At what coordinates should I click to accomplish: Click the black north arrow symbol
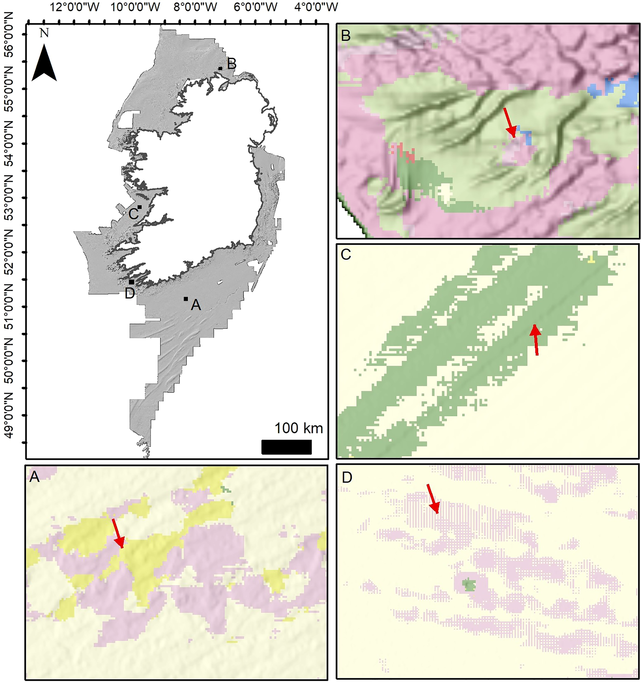(44, 64)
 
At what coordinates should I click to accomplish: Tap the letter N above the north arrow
(44, 33)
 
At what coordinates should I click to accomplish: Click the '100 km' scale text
(299, 428)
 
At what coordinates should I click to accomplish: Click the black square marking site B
(220, 68)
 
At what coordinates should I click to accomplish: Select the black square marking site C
(139, 207)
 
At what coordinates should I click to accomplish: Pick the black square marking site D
(131, 282)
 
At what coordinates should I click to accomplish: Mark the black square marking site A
(186, 299)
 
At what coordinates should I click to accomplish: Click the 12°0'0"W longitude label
(75, 7)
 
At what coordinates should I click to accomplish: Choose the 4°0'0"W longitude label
(316, 7)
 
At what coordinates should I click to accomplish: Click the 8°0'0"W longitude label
(195, 7)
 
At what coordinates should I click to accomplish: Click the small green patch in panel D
(467, 584)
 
